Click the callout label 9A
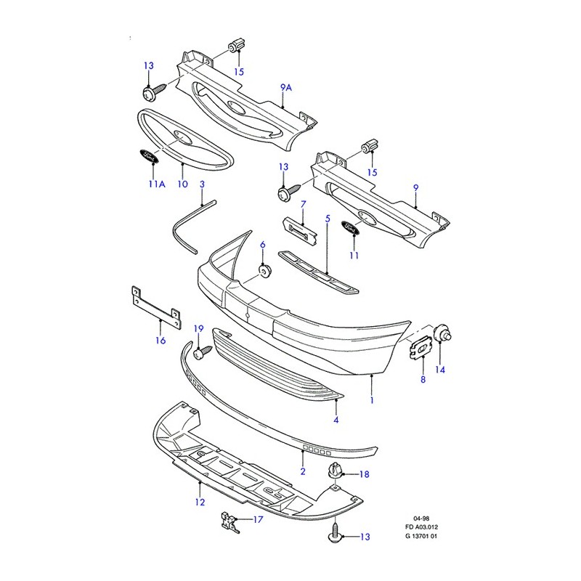(285, 88)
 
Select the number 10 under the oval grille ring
(182, 184)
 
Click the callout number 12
(200, 502)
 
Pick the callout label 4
(336, 420)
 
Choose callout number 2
(303, 471)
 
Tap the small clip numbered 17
(229, 520)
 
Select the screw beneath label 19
(200, 352)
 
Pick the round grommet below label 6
(264, 271)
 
